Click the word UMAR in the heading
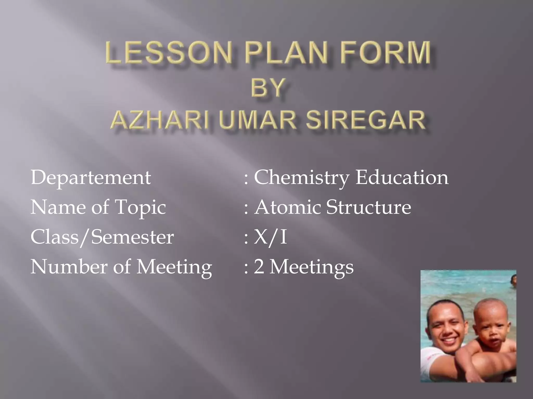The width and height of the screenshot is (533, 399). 257,120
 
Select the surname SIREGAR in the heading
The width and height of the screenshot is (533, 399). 365,120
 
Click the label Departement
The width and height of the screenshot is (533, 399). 91,178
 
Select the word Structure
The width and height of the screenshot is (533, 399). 369,207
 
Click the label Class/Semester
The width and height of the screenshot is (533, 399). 102,237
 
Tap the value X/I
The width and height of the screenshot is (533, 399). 270,237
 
